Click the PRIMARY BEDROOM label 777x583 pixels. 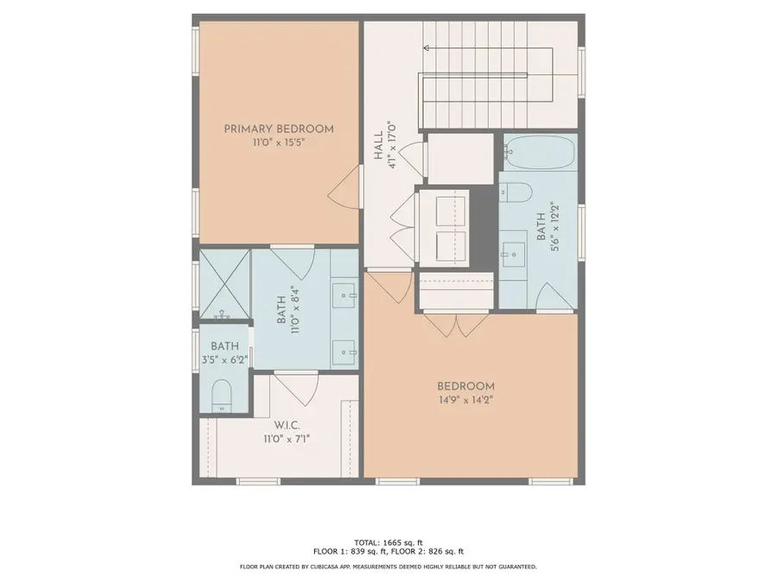[x=278, y=129]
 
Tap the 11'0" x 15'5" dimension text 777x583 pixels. [x=278, y=143]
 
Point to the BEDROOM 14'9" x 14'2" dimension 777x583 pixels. [x=465, y=400]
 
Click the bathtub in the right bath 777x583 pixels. [x=540, y=153]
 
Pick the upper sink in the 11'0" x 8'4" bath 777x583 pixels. [x=347, y=295]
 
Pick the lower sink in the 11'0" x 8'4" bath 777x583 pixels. [x=347, y=350]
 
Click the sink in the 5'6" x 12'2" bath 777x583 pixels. [x=513, y=253]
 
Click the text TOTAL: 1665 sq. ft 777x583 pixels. [x=388, y=541]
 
